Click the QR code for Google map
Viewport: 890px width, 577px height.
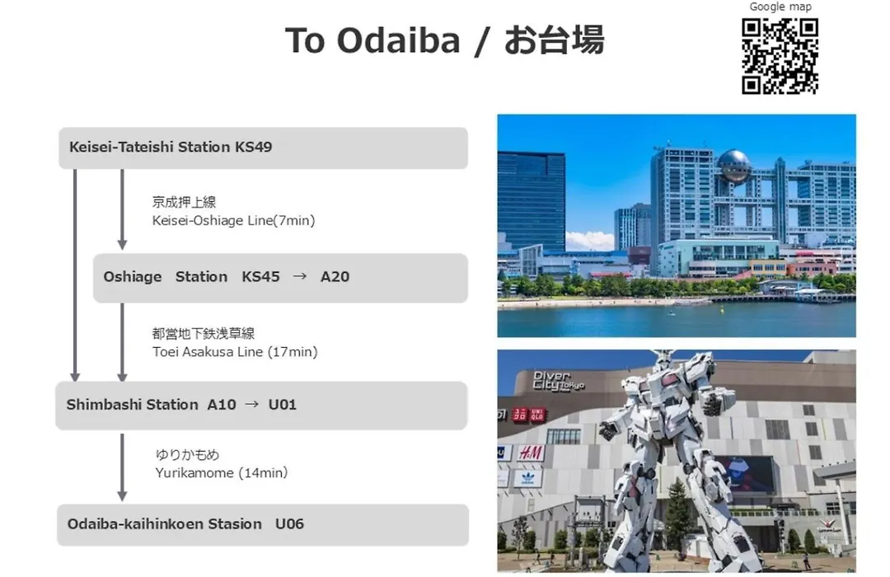[x=780, y=56]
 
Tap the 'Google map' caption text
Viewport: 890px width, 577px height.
[x=780, y=7]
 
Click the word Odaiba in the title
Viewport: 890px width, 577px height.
[x=398, y=40]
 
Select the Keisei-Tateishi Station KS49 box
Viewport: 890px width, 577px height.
[x=264, y=148]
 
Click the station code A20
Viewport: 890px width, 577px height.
[x=335, y=277]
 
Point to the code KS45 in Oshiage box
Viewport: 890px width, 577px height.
[x=260, y=277]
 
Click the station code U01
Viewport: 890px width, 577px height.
[x=282, y=405]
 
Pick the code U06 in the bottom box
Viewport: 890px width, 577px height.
[x=289, y=523]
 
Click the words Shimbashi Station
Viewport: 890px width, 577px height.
[x=132, y=405]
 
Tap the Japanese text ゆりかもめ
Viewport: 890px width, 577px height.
[x=187, y=454]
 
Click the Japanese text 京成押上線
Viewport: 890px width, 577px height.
[x=184, y=202]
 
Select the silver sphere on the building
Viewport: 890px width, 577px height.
[x=734, y=167]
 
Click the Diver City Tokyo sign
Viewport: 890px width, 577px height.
[x=559, y=381]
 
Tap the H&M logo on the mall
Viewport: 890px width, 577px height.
[x=531, y=453]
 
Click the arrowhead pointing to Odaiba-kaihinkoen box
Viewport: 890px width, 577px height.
[x=122, y=495]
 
